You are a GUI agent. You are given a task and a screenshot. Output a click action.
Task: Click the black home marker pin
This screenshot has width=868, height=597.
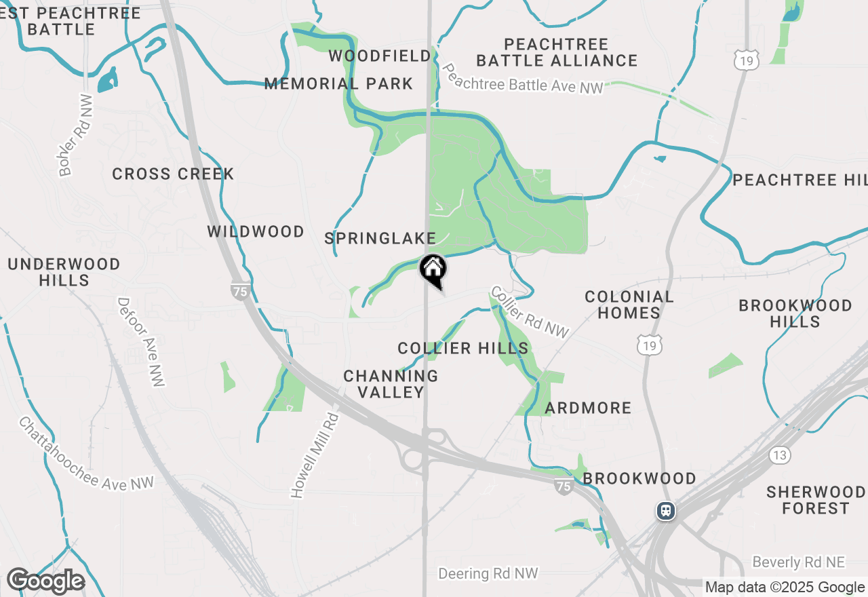click(x=433, y=270)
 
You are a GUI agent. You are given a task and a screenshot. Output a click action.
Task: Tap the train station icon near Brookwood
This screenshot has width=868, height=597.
click(x=666, y=510)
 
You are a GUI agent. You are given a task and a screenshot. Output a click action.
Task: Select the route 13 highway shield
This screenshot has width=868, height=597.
click(x=780, y=455)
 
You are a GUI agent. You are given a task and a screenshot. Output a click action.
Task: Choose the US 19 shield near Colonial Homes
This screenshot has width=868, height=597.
click(x=650, y=346)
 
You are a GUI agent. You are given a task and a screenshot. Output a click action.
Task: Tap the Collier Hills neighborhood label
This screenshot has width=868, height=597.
click(x=463, y=349)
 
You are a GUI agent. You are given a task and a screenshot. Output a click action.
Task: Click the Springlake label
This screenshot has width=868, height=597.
click(x=380, y=238)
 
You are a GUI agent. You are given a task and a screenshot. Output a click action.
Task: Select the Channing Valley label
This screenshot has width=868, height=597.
click(x=391, y=384)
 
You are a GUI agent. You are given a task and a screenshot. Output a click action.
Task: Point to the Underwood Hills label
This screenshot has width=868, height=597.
click(x=64, y=272)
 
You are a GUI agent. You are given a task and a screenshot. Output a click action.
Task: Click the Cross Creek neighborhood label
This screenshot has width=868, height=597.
click(x=173, y=174)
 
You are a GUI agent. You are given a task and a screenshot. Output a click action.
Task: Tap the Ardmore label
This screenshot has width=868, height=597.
click(x=588, y=408)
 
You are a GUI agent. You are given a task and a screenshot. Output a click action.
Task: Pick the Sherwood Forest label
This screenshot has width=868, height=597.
click(x=816, y=499)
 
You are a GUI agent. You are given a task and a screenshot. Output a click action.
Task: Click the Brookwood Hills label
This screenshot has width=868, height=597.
click(x=795, y=313)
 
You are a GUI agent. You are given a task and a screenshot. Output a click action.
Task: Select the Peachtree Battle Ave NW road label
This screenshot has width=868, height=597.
click(x=521, y=79)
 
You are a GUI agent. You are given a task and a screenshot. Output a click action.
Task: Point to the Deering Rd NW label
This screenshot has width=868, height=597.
click(x=488, y=574)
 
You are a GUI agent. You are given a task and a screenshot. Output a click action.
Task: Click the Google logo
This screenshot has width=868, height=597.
click(x=45, y=581)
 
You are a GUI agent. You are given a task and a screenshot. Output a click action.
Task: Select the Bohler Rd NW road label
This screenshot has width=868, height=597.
click(x=75, y=135)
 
